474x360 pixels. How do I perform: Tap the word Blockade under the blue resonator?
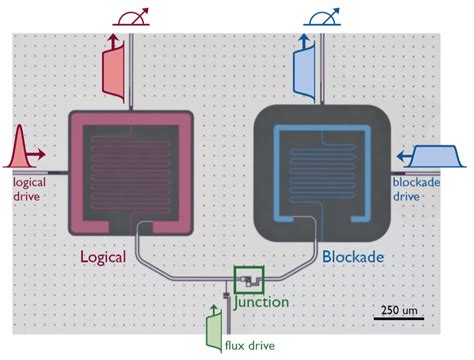point(356,257)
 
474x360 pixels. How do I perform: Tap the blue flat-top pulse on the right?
point(432,155)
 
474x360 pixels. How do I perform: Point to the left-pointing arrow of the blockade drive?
point(403,155)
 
